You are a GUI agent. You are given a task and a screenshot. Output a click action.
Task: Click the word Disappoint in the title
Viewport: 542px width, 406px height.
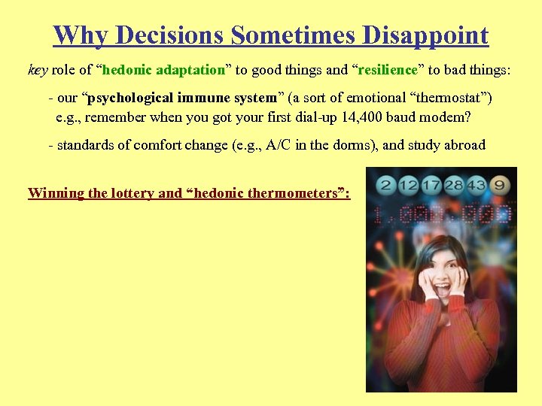pyautogui.click(x=425, y=35)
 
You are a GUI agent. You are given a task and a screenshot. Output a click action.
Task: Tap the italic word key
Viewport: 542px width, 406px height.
pyautogui.click(x=38, y=70)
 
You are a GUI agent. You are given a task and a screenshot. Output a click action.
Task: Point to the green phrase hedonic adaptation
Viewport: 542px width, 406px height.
pyautogui.click(x=163, y=70)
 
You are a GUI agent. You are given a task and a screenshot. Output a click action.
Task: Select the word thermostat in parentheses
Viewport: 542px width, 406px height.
pyautogui.click(x=446, y=98)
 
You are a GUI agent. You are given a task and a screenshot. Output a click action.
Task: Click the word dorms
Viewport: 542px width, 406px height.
pyautogui.click(x=354, y=145)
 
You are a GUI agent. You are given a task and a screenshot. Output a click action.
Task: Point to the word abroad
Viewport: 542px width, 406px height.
pyautogui.click(x=464, y=145)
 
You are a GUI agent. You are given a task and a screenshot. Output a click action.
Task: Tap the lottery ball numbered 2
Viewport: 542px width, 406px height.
pyautogui.click(x=385, y=184)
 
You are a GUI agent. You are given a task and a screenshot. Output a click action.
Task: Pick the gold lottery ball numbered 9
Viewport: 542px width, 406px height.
pyautogui.click(x=501, y=184)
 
